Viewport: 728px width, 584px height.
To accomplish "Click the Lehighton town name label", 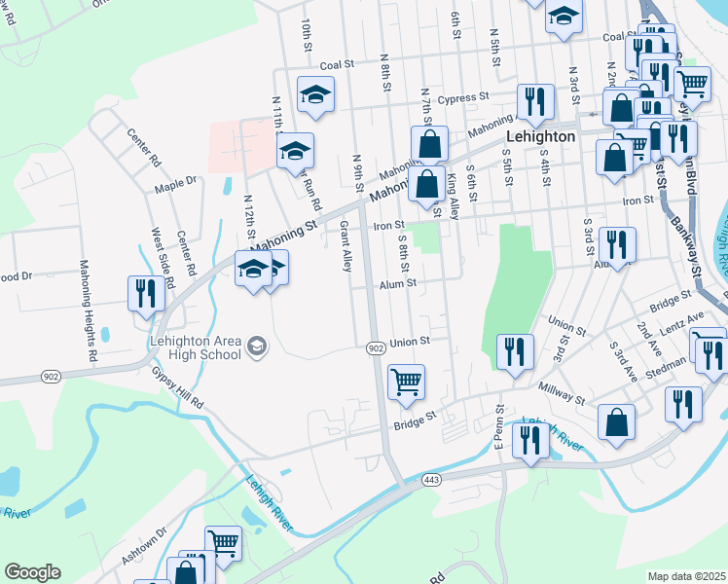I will (540, 137).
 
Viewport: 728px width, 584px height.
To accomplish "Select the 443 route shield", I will (433, 480).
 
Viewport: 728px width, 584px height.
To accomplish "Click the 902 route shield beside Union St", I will (376, 347).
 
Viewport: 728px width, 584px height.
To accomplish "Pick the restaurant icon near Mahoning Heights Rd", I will (144, 293).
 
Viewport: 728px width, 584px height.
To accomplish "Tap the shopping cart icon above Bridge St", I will (406, 381).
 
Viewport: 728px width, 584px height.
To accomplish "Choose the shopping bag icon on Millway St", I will (615, 421).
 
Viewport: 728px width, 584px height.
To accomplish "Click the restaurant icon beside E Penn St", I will (530, 439).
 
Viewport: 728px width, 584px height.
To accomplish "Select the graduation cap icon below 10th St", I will (314, 94).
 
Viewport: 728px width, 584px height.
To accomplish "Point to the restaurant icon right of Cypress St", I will (534, 101).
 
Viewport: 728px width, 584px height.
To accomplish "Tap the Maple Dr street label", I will (175, 182).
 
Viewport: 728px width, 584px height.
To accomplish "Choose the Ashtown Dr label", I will (144, 542).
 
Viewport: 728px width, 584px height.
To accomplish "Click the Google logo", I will (32, 572).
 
